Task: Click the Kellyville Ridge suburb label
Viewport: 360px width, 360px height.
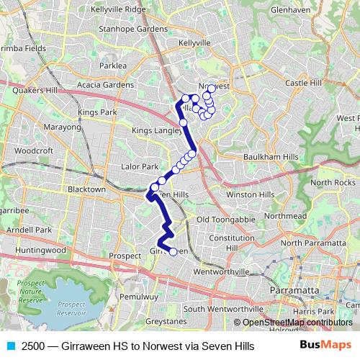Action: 120,10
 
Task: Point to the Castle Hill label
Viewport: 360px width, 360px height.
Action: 307,84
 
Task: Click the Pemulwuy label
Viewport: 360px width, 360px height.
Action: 139,296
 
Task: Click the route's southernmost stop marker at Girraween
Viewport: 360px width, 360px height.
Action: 173,251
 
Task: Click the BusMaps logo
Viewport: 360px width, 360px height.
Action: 325,346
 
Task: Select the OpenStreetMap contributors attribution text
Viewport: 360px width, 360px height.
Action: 297,323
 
